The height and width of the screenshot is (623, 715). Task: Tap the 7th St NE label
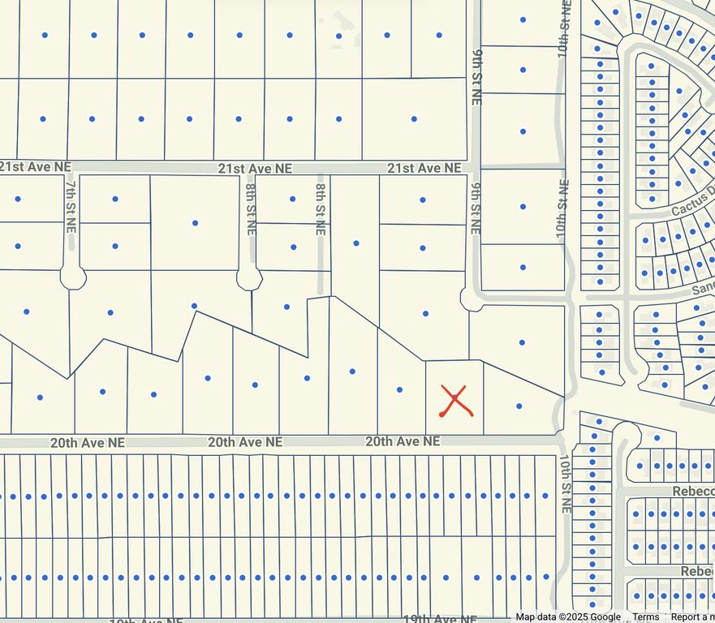click(71, 204)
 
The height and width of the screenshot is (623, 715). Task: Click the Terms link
click(646, 617)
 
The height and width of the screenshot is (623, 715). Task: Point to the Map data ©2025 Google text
click(568, 617)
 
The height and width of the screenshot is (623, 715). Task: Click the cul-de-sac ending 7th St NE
click(73, 277)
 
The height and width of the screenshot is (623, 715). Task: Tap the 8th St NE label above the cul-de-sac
click(250, 208)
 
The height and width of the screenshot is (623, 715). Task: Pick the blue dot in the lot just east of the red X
click(519, 406)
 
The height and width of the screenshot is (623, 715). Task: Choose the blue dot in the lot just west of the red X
click(399, 390)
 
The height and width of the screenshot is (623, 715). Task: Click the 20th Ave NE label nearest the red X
click(403, 441)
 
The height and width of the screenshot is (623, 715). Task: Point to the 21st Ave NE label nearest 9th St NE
click(424, 168)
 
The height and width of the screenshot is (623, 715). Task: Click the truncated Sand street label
click(703, 288)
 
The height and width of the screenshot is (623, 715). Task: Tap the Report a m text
click(692, 617)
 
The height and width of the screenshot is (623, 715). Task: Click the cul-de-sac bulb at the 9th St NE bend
click(470, 299)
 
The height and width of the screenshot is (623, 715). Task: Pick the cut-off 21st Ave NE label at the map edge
click(36, 167)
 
